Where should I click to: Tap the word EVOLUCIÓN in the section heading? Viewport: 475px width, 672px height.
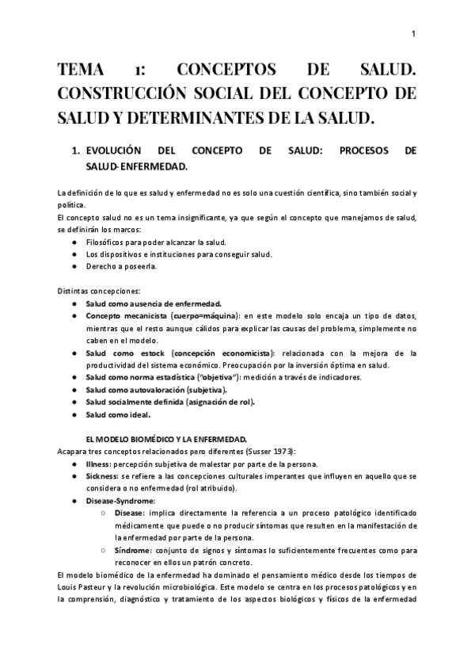113,151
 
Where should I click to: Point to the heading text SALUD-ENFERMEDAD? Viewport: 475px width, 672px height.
136,166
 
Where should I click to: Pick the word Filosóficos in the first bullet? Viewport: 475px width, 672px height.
108,241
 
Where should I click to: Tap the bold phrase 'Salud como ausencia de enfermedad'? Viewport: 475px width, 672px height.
154,304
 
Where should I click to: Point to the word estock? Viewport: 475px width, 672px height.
153,353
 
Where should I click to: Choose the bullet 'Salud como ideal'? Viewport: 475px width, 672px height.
117,414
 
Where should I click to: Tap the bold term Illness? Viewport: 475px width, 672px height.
100,464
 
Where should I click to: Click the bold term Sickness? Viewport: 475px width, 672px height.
102,475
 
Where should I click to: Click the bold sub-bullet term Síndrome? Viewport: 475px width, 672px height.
130,551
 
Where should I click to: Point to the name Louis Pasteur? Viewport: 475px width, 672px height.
84,587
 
